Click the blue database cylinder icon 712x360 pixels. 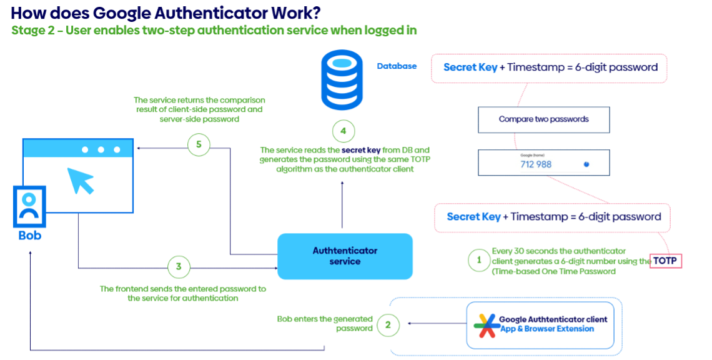pyautogui.click(x=341, y=81)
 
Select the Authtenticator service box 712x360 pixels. pyautogui.click(x=345, y=256)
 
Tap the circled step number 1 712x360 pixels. pyautogui.click(x=479, y=259)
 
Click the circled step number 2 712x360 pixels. pyautogui.click(x=388, y=324)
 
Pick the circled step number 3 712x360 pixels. pyautogui.click(x=179, y=267)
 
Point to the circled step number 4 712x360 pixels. pyautogui.click(x=343, y=132)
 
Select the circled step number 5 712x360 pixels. pyautogui.click(x=198, y=145)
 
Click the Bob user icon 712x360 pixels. pyautogui.click(x=29, y=207)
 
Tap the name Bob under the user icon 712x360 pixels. pyautogui.click(x=29, y=236)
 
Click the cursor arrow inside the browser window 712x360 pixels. pyautogui.click(x=81, y=179)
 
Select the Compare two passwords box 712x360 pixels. pyautogui.click(x=543, y=119)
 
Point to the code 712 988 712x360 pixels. pyautogui.click(x=536, y=164)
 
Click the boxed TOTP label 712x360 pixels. pyautogui.click(x=666, y=261)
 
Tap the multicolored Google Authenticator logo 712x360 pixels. pyautogui.click(x=486, y=324)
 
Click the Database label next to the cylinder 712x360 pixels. pyautogui.click(x=397, y=66)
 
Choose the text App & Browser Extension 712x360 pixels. pyautogui.click(x=546, y=329)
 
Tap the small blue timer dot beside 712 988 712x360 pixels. pyautogui.click(x=586, y=164)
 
